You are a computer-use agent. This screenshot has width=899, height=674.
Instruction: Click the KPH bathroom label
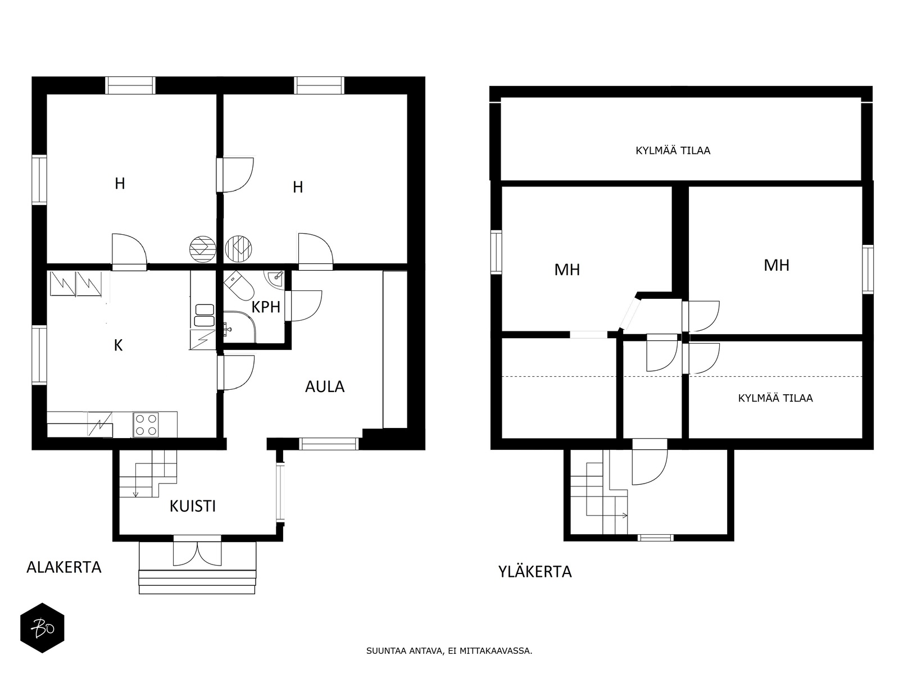266,307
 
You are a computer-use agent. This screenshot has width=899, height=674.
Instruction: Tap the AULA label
325,387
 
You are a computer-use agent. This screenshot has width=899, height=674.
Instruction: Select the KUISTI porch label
193,507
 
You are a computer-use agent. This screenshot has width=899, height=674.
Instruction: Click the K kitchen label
119,346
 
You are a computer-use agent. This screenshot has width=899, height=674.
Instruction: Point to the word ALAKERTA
64,568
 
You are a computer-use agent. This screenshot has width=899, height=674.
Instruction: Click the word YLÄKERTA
535,572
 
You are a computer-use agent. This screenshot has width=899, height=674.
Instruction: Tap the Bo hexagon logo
42,628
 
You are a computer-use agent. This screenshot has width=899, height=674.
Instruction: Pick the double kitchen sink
204,315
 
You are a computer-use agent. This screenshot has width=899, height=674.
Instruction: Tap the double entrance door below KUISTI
197,553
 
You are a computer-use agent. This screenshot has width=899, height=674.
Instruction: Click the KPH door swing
303,306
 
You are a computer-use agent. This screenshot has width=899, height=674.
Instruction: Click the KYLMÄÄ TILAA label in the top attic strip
673,151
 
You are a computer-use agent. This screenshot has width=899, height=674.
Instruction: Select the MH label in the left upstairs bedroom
567,270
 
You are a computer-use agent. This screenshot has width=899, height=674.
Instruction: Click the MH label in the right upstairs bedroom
777,266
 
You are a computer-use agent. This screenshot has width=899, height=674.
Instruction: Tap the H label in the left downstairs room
120,184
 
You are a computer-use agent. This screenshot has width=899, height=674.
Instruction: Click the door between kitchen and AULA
236,372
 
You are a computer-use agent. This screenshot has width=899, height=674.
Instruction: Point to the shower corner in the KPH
239,326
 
